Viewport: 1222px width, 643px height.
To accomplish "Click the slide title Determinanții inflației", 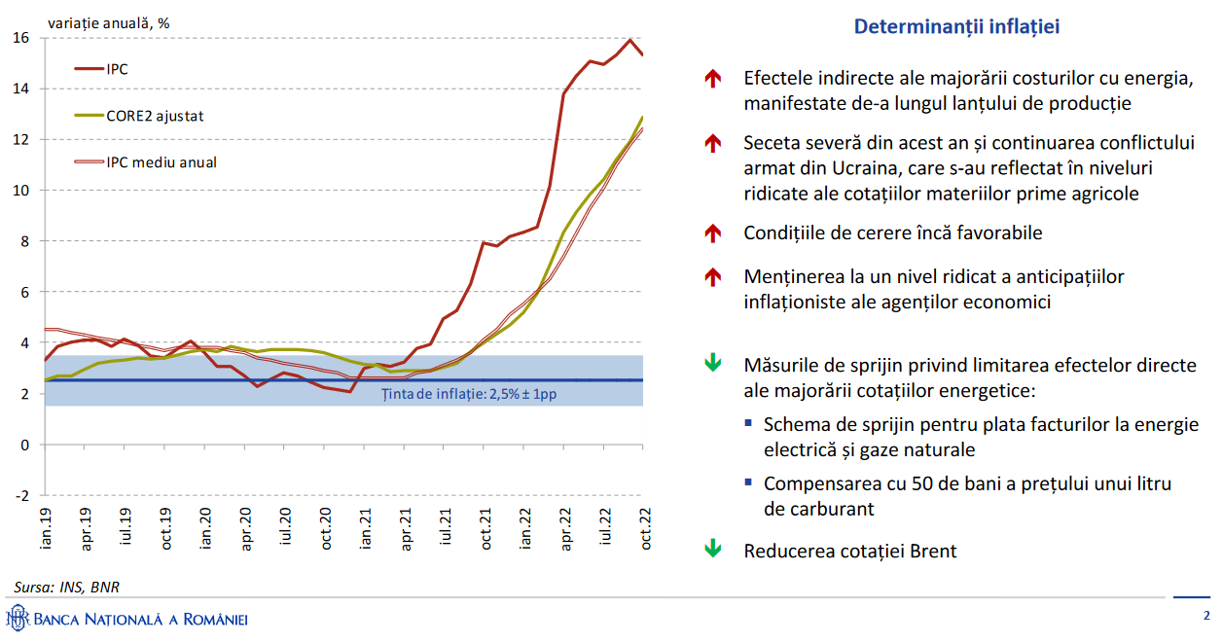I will pos(956,27).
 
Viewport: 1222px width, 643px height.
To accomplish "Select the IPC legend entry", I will pos(117,69).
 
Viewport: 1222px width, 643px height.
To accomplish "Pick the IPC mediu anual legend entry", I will pos(162,162).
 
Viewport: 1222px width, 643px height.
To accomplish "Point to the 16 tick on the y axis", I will pos(21,38).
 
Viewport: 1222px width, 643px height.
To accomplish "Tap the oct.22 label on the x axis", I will pos(644,528).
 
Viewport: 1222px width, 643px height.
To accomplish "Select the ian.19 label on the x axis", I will pos(45,528).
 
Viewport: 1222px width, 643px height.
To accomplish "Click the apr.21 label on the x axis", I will pos(407,528).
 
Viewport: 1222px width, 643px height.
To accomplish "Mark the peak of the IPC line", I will pos(630,40).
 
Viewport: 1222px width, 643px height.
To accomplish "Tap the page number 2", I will pos(1206,616).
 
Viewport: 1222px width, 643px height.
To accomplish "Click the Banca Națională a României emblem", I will pos(17,618).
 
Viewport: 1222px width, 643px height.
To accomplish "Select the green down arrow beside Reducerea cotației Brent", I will pos(713,549).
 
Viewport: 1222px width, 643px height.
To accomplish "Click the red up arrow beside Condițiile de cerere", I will pos(713,233).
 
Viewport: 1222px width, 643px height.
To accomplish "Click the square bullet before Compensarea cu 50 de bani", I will pos(748,482).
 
